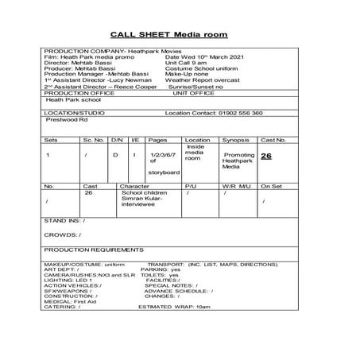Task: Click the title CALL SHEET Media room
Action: (168, 35)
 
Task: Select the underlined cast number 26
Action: (267, 157)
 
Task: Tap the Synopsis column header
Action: (233, 139)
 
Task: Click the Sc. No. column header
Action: (94, 139)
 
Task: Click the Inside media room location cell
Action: (195, 153)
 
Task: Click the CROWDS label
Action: (63, 235)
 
